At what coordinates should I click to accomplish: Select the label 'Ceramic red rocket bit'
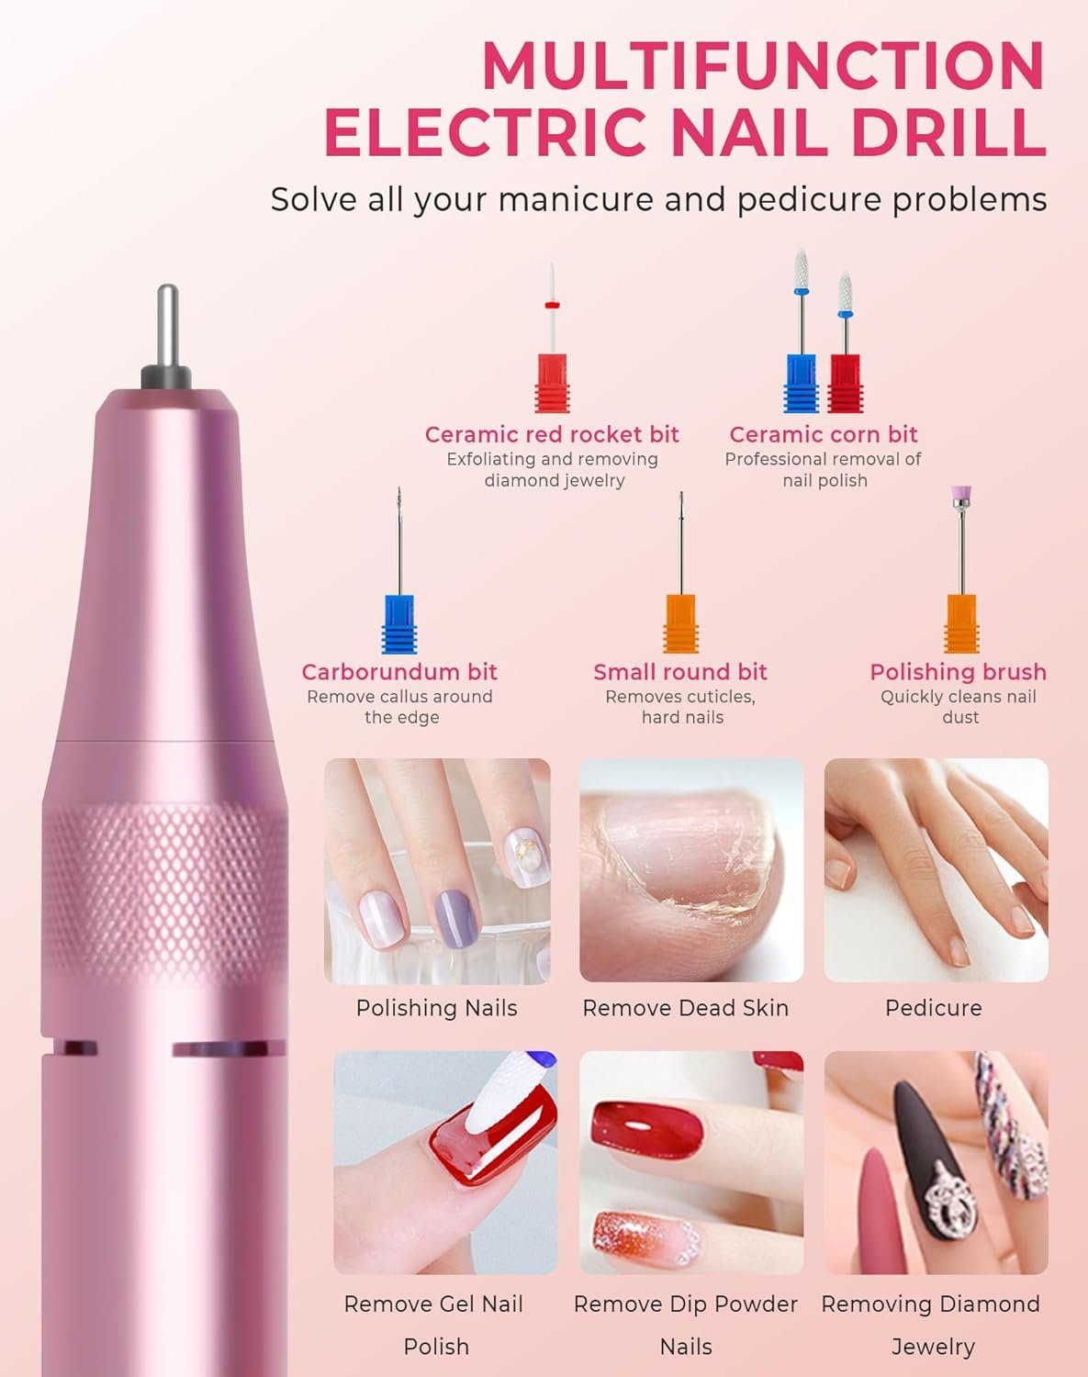552,434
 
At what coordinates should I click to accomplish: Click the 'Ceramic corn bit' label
824,434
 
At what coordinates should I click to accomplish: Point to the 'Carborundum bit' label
399,672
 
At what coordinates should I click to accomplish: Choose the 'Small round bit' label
680,672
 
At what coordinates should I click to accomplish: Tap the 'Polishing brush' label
958,672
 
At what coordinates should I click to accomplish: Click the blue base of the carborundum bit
399,624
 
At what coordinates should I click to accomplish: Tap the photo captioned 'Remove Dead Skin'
691,870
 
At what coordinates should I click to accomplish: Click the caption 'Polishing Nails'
436,1008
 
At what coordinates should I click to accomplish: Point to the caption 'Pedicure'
934,1008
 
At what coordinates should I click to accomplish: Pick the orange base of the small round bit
681,624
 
